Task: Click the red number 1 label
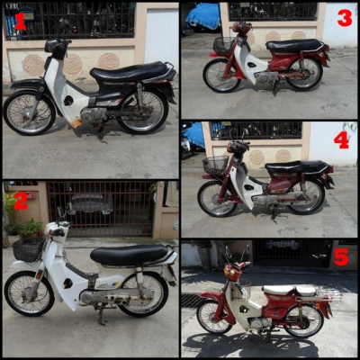click(20, 22)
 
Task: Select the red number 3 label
click(345, 18)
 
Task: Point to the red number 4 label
click(341, 140)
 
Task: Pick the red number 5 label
click(341, 256)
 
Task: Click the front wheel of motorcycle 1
click(30, 112)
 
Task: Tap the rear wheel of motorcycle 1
click(142, 112)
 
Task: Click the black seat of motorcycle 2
click(130, 254)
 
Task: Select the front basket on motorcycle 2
click(28, 249)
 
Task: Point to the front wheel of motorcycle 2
click(29, 293)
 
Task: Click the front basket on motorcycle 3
click(223, 46)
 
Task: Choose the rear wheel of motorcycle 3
click(304, 74)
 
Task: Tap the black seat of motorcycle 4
click(297, 167)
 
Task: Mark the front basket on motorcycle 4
click(215, 166)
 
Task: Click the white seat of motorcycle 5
click(289, 291)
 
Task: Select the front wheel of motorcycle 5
click(215, 317)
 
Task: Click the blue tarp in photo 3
click(203, 16)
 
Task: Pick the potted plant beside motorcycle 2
click(31, 229)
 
